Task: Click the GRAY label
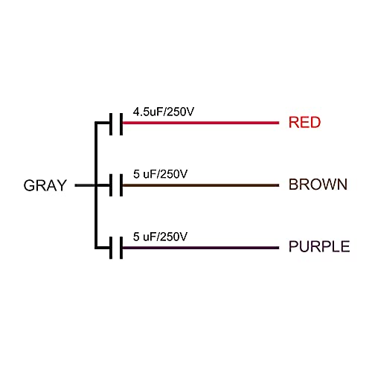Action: [x=45, y=185]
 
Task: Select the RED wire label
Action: [x=305, y=122]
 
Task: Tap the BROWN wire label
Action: [x=318, y=185]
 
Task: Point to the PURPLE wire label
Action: [x=319, y=246]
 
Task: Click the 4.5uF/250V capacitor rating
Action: [x=164, y=112]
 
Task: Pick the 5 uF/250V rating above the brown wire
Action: [x=160, y=174]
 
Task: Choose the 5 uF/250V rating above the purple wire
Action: [x=160, y=237]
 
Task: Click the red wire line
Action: [x=201, y=123]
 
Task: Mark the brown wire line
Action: [x=201, y=185]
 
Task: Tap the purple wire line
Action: [x=201, y=248]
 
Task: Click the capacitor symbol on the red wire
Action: [x=116, y=124]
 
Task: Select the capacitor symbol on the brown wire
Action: [x=116, y=185]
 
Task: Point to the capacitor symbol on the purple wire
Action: [x=116, y=248]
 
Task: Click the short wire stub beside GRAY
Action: [x=85, y=185]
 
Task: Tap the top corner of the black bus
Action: [x=96, y=123]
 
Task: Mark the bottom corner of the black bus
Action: [x=96, y=248]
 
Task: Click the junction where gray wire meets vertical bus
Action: [x=96, y=185]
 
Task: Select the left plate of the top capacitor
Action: [x=111, y=124]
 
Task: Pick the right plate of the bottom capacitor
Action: [x=121, y=248]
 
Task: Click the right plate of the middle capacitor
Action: [x=121, y=185]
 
